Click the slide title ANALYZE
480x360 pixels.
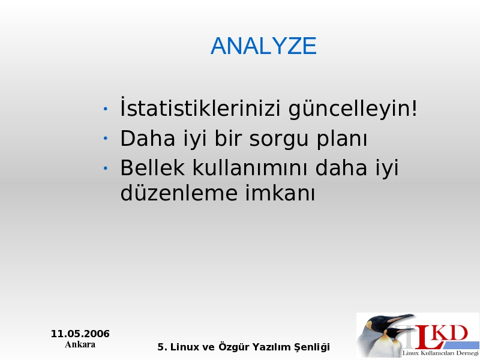263,46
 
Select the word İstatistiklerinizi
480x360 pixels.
200,107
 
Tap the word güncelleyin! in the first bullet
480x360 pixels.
353,109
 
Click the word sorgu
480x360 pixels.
278,140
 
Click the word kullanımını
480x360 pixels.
250,167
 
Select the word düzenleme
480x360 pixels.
179,193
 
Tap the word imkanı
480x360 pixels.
280,193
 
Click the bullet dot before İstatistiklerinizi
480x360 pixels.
106,109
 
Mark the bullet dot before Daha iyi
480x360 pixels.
106,139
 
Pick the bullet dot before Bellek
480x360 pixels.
106,168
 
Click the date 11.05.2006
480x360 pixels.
80,334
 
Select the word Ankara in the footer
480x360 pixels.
80,344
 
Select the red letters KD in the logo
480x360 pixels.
451,333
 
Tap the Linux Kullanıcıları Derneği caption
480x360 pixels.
440,353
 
